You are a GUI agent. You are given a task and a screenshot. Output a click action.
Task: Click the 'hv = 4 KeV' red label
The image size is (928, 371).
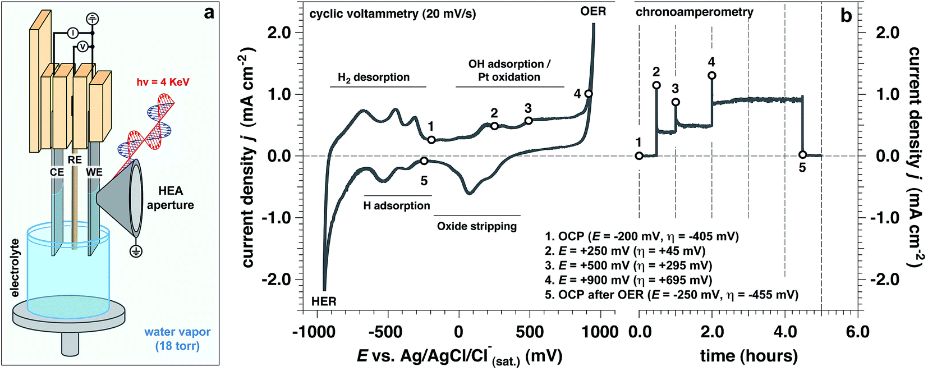pyautogui.click(x=163, y=82)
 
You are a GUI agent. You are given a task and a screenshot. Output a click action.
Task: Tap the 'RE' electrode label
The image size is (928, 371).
pyautogui.click(x=75, y=160)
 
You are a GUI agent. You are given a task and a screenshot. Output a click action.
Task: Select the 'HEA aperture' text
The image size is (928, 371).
pyautogui.click(x=170, y=198)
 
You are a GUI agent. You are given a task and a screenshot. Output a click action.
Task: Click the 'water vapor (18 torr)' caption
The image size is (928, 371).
pyautogui.click(x=177, y=338)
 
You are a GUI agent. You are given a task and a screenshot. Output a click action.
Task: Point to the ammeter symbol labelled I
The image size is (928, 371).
pyautogui.click(x=73, y=33)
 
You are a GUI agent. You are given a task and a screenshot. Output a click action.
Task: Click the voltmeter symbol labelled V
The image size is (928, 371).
pyautogui.click(x=82, y=47)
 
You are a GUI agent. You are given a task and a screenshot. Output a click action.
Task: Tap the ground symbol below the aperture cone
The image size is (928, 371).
pyautogui.click(x=135, y=251)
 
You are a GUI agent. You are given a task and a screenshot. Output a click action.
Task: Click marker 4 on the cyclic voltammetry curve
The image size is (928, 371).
pyautogui.click(x=589, y=94)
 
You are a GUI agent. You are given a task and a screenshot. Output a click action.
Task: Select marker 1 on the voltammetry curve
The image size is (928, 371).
pyautogui.click(x=431, y=140)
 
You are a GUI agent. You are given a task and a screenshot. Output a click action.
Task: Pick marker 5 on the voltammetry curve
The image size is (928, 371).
pyautogui.click(x=424, y=161)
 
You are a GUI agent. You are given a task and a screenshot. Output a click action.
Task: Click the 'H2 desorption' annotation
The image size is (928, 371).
pyautogui.click(x=373, y=77)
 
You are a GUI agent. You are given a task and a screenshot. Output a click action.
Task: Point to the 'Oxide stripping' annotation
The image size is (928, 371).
pyautogui.click(x=476, y=226)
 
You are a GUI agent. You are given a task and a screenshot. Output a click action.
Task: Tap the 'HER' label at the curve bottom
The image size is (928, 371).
pyautogui.click(x=324, y=301)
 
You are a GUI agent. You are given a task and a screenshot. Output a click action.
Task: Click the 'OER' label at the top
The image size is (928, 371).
pyautogui.click(x=593, y=11)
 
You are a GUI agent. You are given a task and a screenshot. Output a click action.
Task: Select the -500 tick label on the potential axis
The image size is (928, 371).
pyautogui.click(x=387, y=332)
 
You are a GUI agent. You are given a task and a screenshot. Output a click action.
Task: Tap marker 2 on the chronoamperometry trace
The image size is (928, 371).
pyautogui.click(x=656, y=85)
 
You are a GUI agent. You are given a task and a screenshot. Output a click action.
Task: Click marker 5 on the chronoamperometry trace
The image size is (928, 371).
pyautogui.click(x=802, y=155)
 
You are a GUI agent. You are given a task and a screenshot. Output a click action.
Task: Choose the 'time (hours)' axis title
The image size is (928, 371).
pyautogui.click(x=748, y=355)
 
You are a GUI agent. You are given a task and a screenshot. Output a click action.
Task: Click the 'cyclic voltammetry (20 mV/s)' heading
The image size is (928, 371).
pyautogui.click(x=393, y=14)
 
